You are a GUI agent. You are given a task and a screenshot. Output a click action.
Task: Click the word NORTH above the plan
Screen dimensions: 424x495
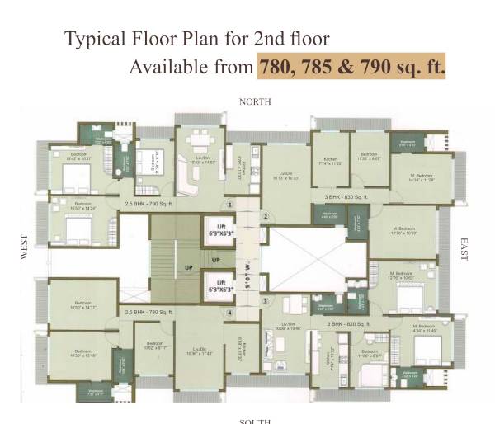255,101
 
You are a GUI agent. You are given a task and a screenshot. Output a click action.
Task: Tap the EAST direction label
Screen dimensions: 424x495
464,250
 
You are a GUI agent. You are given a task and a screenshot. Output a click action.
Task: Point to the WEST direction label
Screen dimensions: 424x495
24,250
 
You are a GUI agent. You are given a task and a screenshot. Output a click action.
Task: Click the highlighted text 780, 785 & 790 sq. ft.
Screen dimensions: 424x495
351,66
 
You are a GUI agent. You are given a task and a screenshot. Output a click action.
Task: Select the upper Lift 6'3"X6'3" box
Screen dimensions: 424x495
221,231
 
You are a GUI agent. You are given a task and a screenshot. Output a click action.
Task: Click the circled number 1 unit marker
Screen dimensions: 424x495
230,205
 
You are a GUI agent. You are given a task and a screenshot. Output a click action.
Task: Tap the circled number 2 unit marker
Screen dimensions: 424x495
266,217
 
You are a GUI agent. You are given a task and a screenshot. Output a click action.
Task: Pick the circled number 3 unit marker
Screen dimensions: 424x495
266,302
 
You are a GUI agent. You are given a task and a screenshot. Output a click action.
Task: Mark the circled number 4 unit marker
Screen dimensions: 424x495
230,313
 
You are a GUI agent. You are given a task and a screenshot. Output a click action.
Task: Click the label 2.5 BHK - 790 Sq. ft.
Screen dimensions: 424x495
149,201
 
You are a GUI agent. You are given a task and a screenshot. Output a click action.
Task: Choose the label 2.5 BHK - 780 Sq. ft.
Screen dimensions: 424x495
148,313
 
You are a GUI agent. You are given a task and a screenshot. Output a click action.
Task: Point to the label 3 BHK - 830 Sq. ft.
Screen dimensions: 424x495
346,198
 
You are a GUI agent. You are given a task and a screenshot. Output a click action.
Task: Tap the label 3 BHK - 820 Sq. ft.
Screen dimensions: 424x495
346,324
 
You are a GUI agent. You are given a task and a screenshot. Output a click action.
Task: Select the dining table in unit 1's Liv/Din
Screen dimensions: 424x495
197,138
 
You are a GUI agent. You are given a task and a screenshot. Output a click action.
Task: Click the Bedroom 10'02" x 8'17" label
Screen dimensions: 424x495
154,349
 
